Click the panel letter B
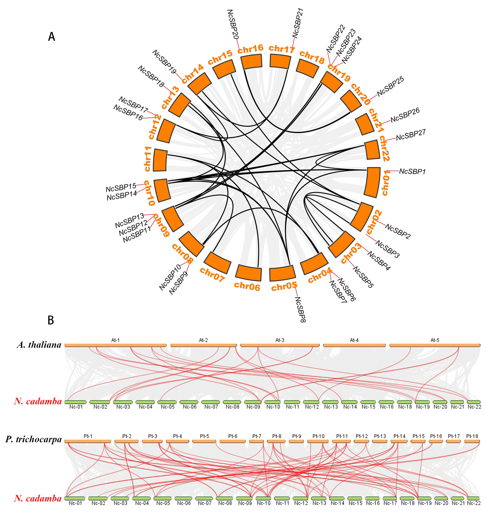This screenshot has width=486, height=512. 51,320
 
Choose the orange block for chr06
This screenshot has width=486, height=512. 249,273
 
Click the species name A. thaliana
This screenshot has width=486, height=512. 39,345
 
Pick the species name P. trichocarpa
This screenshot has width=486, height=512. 34,439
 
